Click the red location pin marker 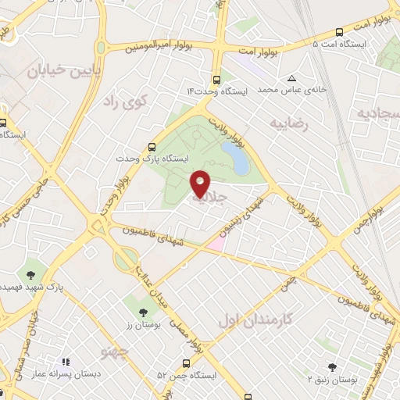click(200, 183)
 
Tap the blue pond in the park click(235, 157)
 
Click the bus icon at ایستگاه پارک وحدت click(152, 146)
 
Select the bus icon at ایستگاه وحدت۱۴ click(216, 80)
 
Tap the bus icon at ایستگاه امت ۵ click(339, 32)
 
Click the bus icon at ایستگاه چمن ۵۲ click(186, 363)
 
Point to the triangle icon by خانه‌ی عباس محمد click(291, 79)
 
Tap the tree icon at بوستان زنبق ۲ click(332, 366)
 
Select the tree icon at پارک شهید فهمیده click(30, 274)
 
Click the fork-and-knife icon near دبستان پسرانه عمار click(66, 362)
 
